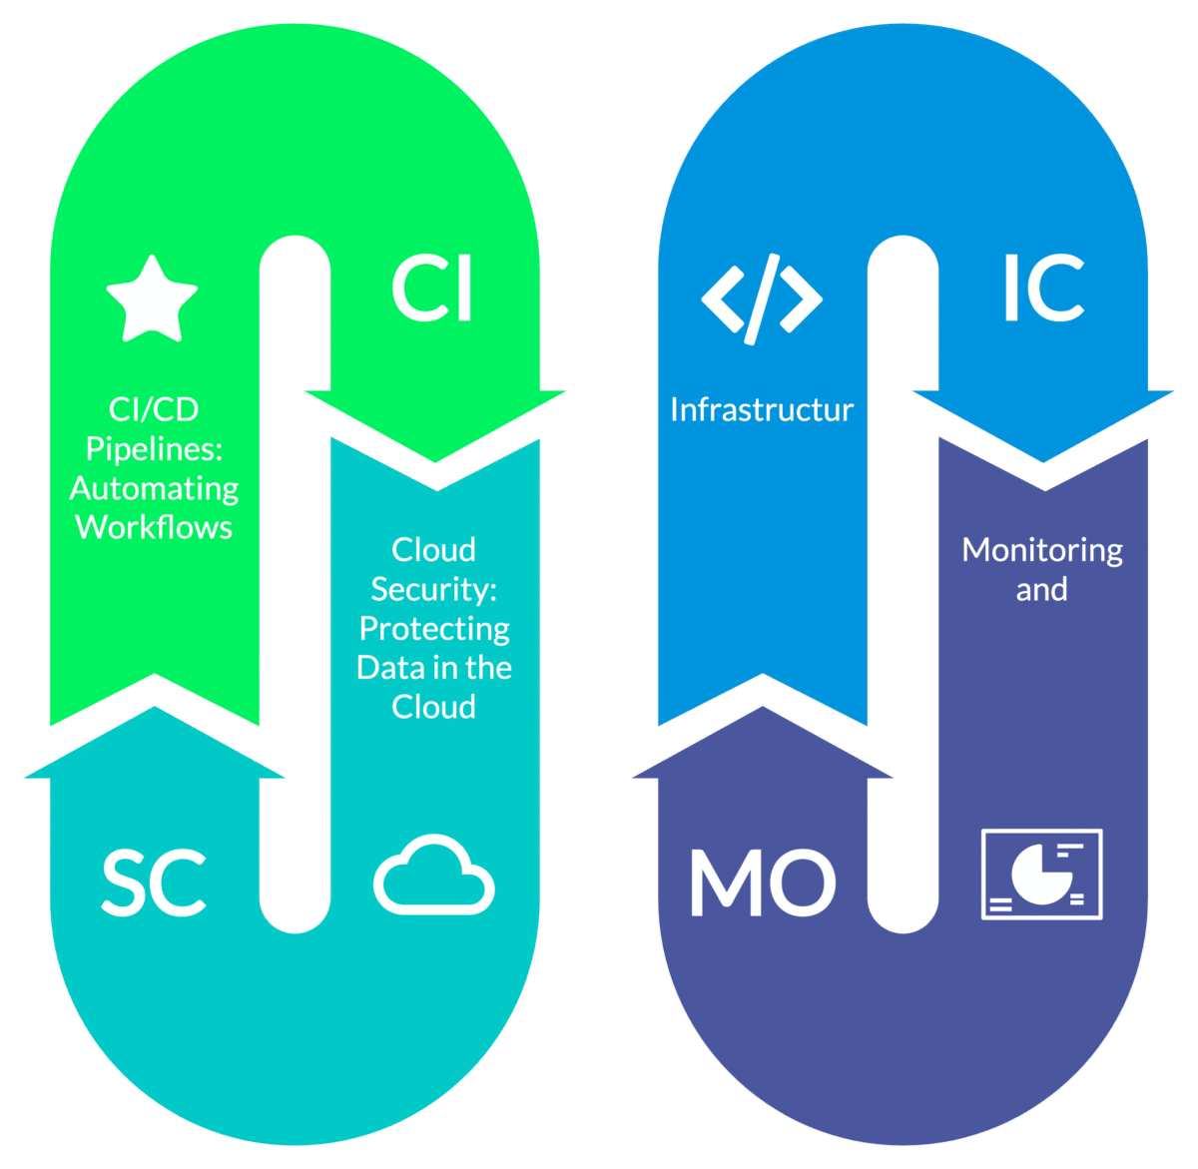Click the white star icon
point(152,299)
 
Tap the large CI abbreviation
point(432,289)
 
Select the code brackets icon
point(762,298)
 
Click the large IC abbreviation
point(1043,289)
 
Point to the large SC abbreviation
point(154,883)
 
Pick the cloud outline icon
point(434,876)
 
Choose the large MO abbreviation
point(763,883)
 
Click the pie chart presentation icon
point(1041,874)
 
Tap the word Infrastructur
point(762,409)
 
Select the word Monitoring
point(1042,550)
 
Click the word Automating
point(155,488)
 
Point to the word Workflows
point(154,527)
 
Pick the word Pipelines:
point(154,448)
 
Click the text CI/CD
point(154,409)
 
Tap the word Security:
point(433,589)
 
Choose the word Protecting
point(434,629)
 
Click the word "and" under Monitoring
point(1041,590)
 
